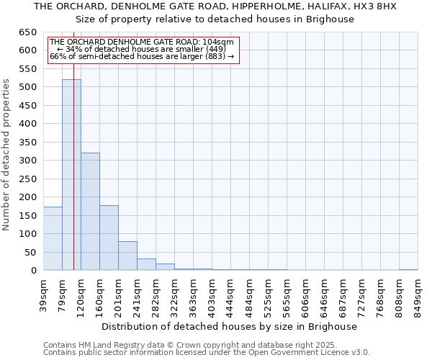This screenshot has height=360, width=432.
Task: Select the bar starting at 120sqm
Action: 90,212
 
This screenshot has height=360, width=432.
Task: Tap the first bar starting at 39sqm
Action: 53,238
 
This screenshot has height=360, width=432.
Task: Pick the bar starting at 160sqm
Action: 109,238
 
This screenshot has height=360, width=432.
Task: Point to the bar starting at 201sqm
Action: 127,256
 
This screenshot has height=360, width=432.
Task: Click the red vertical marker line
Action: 73,180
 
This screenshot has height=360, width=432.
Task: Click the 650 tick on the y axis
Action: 28,32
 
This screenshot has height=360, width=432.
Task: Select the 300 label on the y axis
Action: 28,161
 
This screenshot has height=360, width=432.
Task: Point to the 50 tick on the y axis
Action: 31,253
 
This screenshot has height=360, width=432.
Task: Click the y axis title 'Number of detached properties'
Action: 7,156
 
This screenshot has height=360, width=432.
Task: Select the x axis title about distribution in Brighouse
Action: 229,326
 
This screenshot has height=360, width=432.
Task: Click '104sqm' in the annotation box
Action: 217,42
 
